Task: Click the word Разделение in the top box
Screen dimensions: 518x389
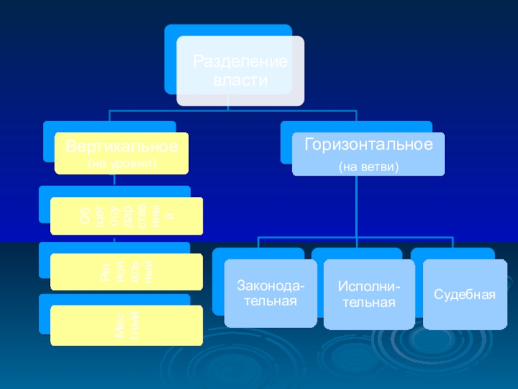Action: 240,63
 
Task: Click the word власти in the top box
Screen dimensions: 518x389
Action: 240,80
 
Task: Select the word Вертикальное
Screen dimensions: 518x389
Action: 121,146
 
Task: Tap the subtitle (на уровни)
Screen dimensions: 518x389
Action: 122,163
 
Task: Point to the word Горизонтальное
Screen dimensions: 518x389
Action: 368,145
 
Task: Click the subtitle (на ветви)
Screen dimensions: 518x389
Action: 368,167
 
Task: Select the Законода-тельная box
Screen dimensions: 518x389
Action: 266,292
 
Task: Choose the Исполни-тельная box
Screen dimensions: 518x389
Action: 369,294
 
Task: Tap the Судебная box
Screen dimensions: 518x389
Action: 465,294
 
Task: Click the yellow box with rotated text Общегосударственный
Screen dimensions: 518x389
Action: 126,216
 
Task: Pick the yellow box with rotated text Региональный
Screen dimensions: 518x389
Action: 126,271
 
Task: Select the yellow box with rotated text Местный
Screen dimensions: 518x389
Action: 126,325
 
